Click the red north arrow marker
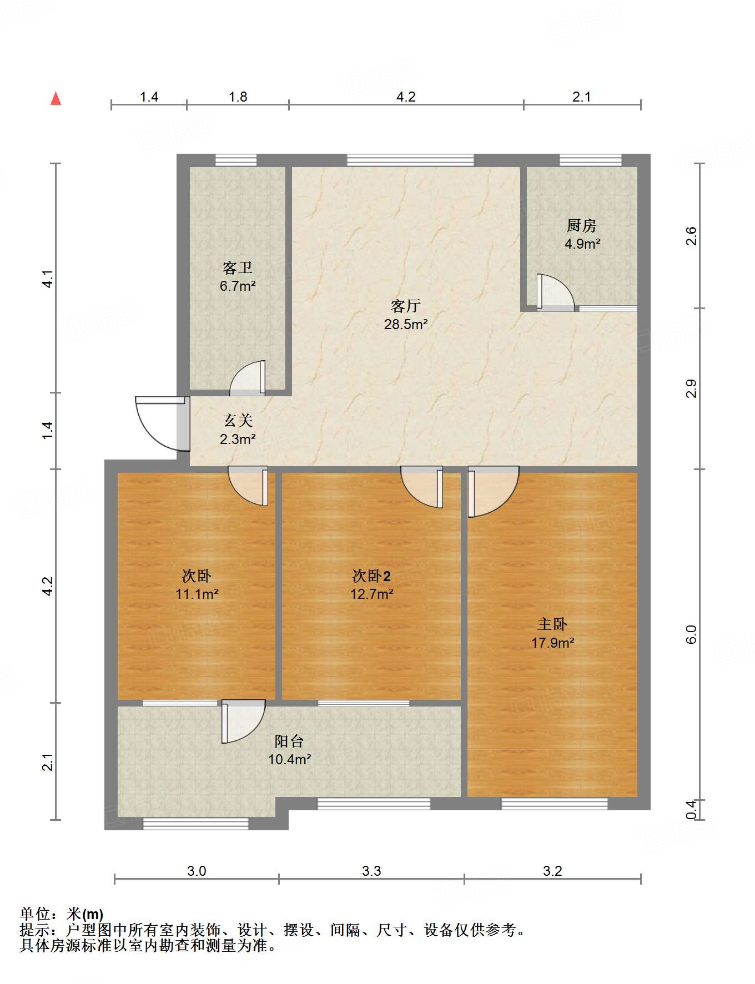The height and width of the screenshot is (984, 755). click(x=56, y=98)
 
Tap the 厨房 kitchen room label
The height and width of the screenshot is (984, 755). click(x=582, y=225)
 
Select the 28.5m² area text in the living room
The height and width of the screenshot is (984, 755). click(x=406, y=324)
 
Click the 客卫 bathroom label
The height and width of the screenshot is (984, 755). click(x=238, y=268)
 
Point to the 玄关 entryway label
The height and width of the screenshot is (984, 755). click(x=238, y=421)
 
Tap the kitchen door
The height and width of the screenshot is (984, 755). click(x=555, y=292)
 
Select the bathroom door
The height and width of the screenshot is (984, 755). click(x=248, y=379)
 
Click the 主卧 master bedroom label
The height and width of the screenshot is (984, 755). click(x=552, y=624)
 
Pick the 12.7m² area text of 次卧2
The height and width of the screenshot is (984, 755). click(x=372, y=594)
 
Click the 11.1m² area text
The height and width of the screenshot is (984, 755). click(x=197, y=594)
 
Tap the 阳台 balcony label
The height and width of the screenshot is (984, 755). click(x=289, y=741)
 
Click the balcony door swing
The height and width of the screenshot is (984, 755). click(x=243, y=721)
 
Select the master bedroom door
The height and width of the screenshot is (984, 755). click(x=493, y=492)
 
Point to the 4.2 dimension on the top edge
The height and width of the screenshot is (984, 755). click(x=406, y=97)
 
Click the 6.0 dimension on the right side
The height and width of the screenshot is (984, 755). click(x=691, y=634)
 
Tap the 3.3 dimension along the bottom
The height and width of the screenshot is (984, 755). click(x=371, y=871)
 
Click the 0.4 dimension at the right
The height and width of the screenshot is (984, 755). click(x=691, y=810)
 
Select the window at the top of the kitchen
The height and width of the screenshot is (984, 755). click(x=590, y=160)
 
